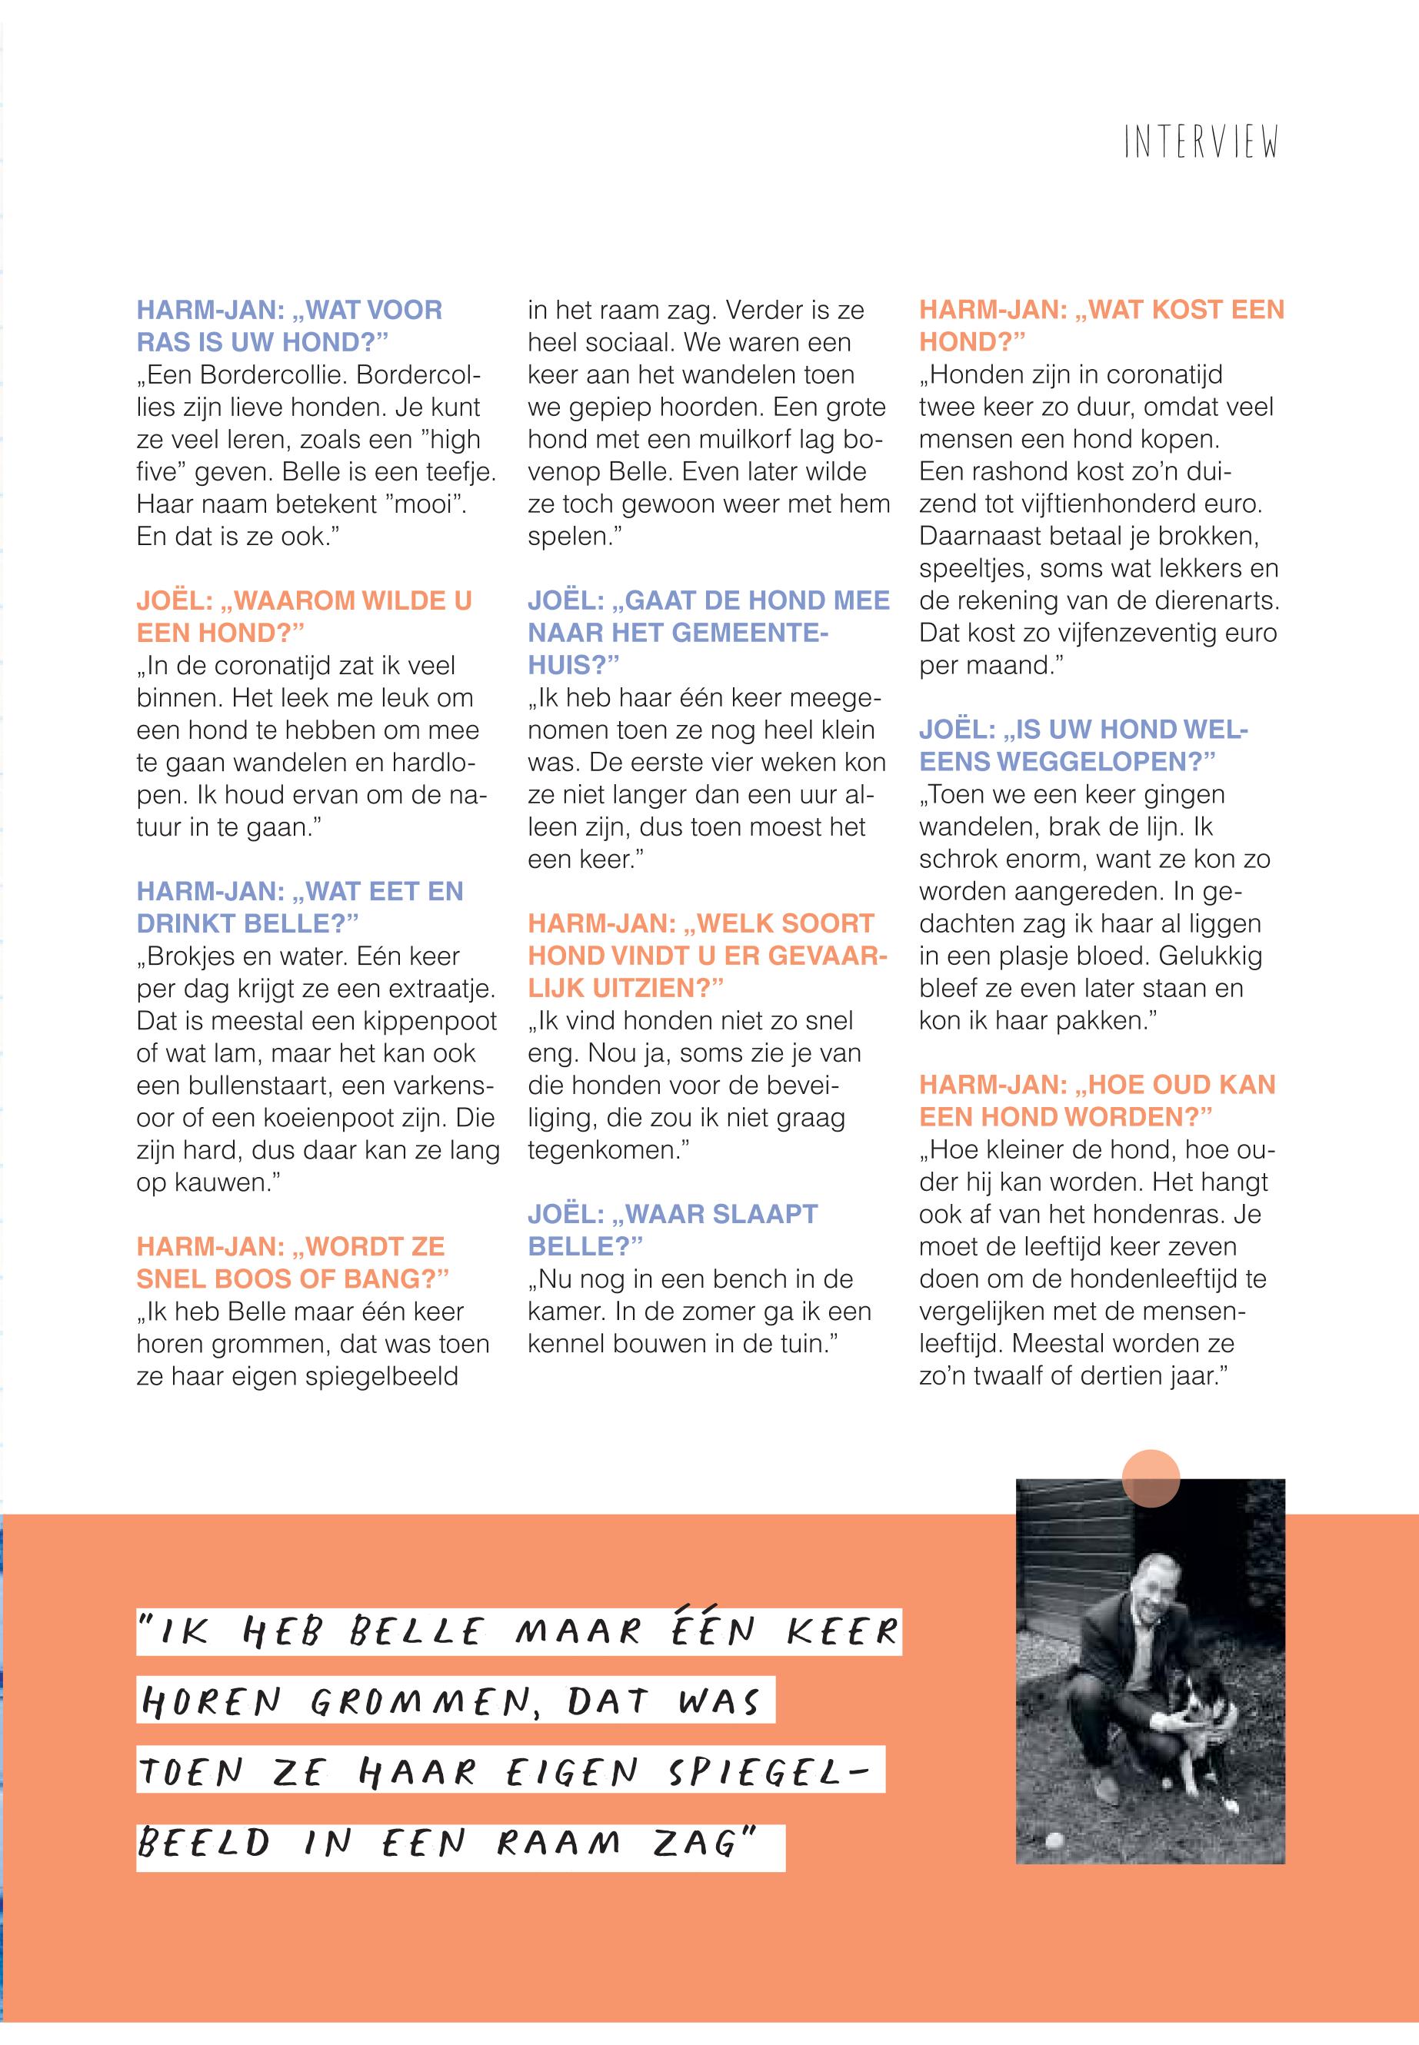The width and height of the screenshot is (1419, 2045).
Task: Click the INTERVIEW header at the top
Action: [x=1201, y=143]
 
